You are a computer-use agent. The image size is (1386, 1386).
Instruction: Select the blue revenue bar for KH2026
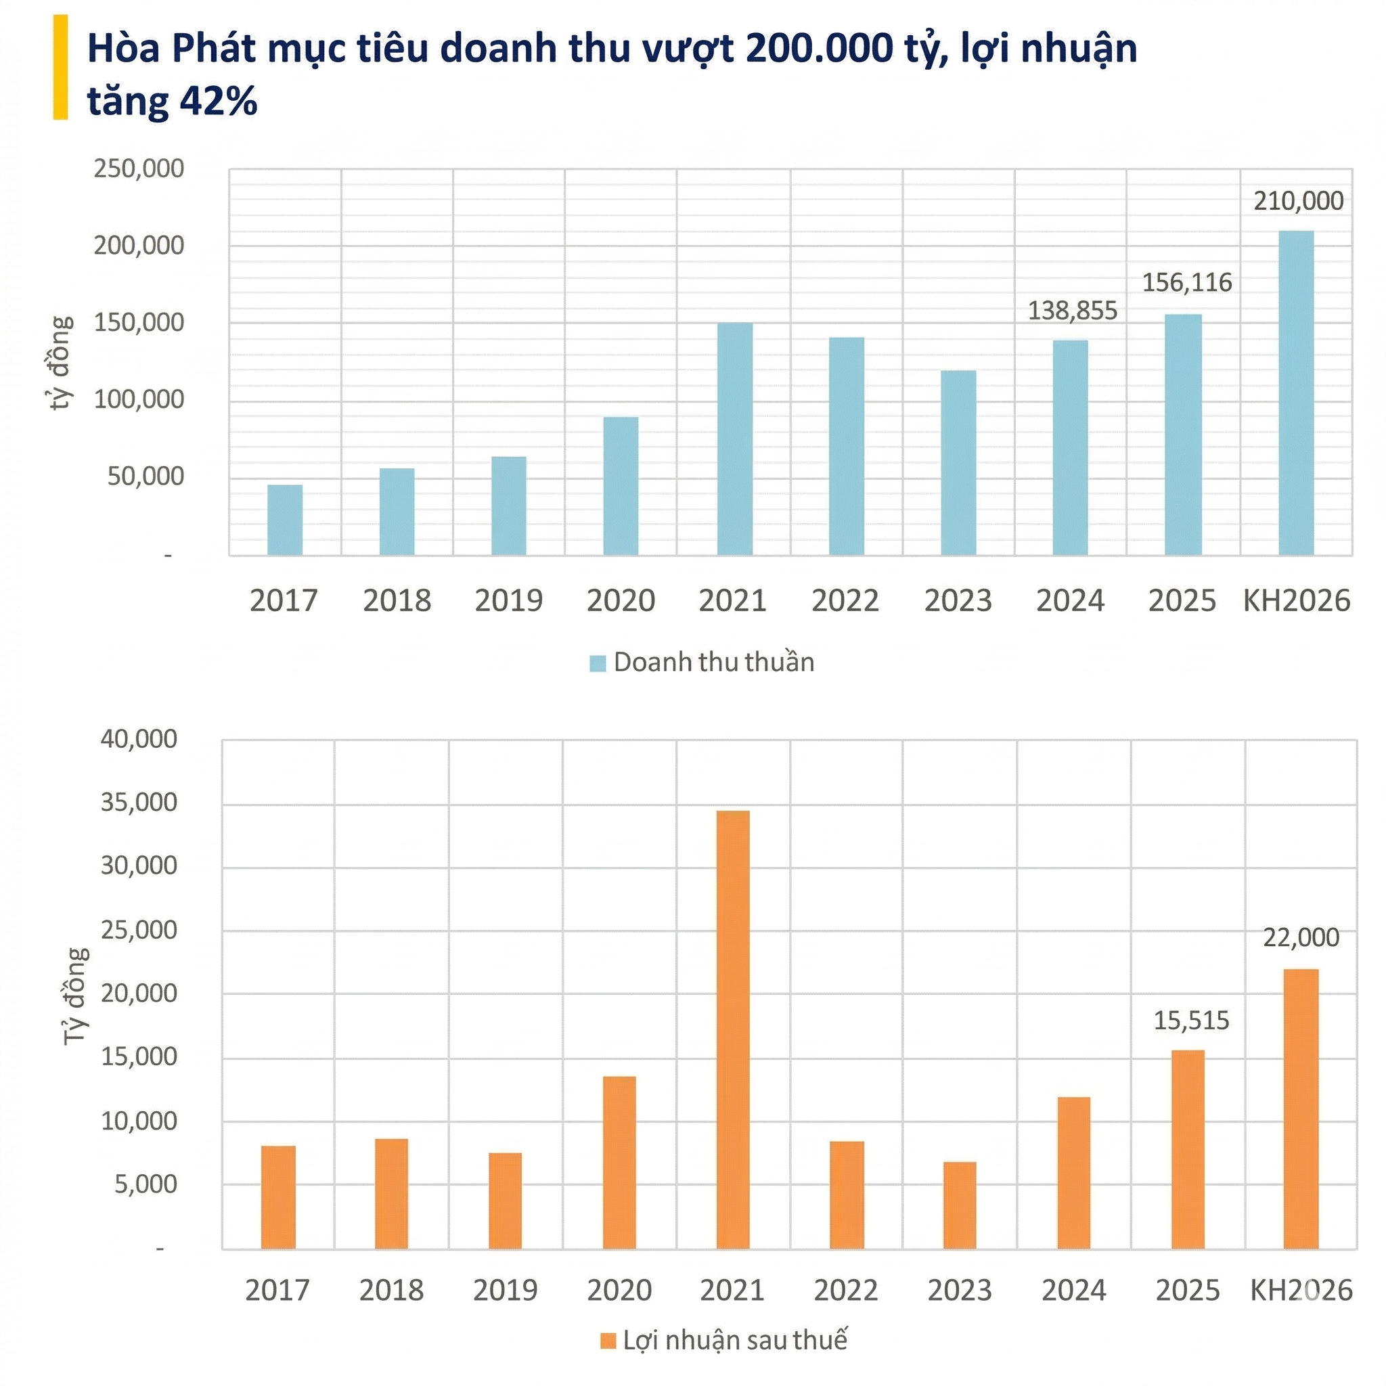click(x=1296, y=393)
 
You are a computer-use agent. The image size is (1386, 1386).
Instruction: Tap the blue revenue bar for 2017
click(x=285, y=520)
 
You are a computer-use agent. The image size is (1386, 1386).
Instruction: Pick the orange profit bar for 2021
click(x=732, y=1030)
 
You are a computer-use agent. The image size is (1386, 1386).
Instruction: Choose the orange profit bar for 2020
click(x=619, y=1163)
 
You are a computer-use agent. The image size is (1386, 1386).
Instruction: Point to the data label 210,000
click(x=1298, y=202)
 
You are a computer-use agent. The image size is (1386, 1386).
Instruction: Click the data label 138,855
click(x=1073, y=311)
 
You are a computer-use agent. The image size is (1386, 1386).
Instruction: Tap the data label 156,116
click(x=1186, y=283)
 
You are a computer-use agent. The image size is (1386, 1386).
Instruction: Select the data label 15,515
click(x=1191, y=1020)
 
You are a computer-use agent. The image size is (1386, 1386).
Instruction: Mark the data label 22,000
click(x=1301, y=937)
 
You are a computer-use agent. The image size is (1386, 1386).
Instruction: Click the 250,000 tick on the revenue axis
click(x=139, y=169)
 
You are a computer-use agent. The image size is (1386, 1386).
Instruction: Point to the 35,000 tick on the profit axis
click(x=139, y=802)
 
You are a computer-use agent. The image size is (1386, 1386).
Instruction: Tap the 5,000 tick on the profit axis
click(x=146, y=1184)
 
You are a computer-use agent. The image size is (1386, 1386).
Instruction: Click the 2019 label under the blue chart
click(x=509, y=600)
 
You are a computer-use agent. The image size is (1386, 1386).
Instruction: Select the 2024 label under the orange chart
click(x=1073, y=1291)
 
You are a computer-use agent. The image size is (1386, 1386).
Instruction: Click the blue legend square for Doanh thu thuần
click(x=598, y=663)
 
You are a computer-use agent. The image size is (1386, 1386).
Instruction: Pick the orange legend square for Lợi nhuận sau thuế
click(x=608, y=1341)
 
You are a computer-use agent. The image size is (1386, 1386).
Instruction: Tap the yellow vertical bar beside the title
click(x=61, y=68)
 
